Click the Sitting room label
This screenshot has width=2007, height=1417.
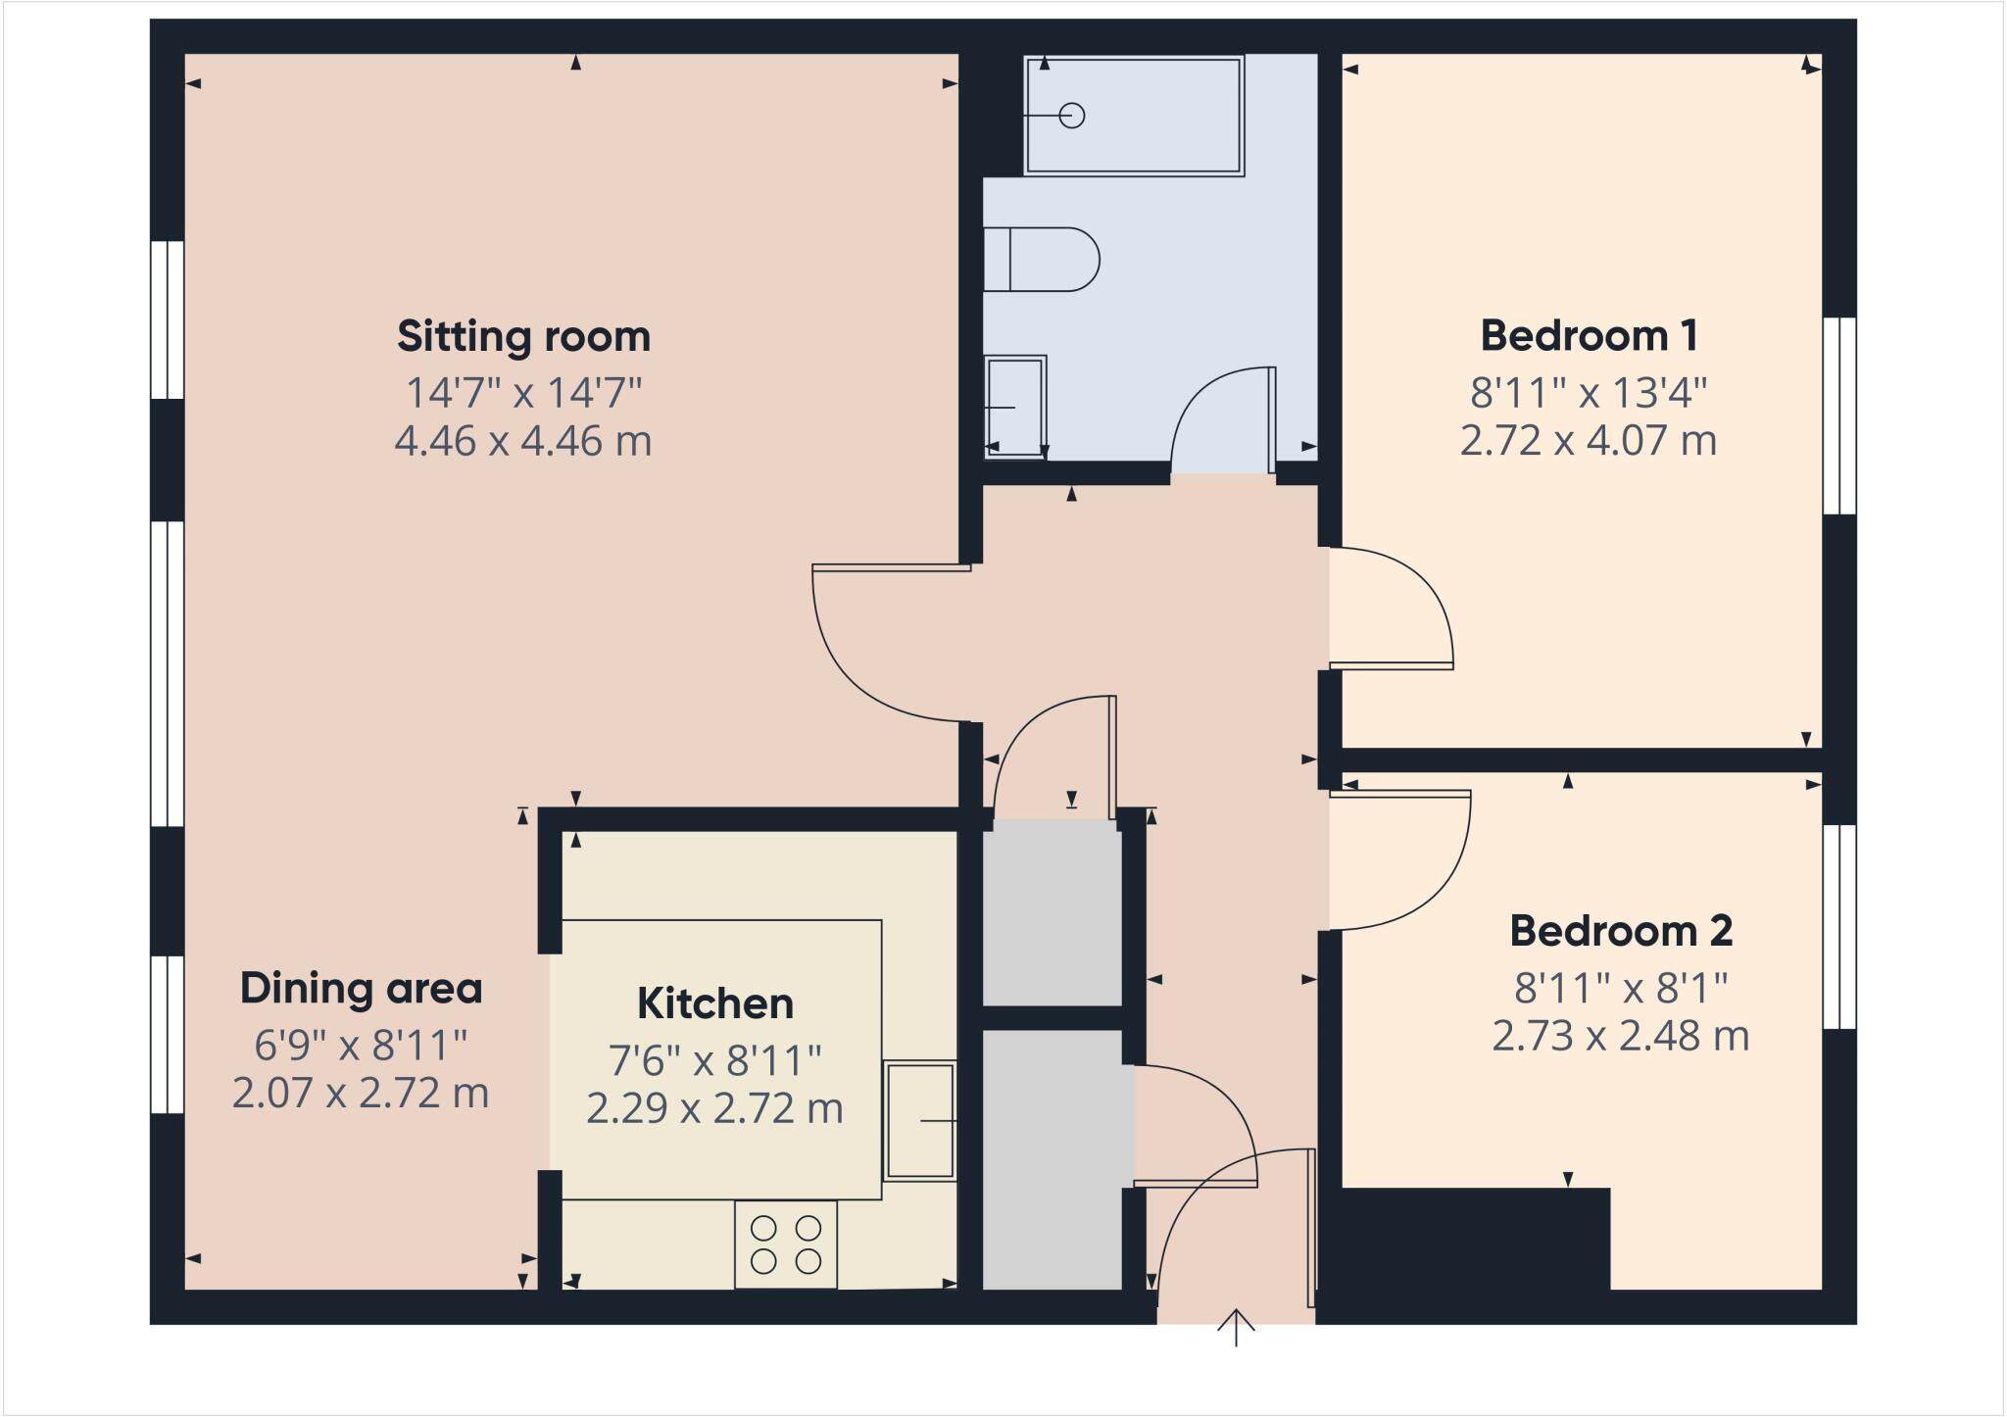(x=523, y=337)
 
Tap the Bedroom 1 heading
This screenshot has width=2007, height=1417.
(x=1589, y=336)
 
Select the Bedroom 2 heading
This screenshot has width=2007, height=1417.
(x=1621, y=931)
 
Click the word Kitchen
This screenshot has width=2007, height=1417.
(x=715, y=1003)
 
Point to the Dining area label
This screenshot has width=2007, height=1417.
(x=361, y=988)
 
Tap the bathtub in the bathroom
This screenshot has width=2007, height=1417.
(x=1134, y=116)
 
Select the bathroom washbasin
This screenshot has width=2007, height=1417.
(x=1015, y=406)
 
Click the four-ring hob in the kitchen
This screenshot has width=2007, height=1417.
(x=786, y=1245)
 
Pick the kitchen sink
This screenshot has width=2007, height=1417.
(x=919, y=1121)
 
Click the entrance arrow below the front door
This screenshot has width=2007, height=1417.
(x=1236, y=1329)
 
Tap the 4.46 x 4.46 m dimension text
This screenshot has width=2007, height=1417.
(x=523, y=441)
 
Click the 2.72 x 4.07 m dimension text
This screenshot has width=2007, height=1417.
(x=1589, y=441)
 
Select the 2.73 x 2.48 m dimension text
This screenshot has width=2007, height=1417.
(x=1621, y=1036)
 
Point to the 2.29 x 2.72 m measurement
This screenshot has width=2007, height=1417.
(x=715, y=1108)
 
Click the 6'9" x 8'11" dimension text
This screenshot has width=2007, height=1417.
(x=361, y=1046)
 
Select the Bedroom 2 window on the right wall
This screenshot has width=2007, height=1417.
(x=1839, y=926)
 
